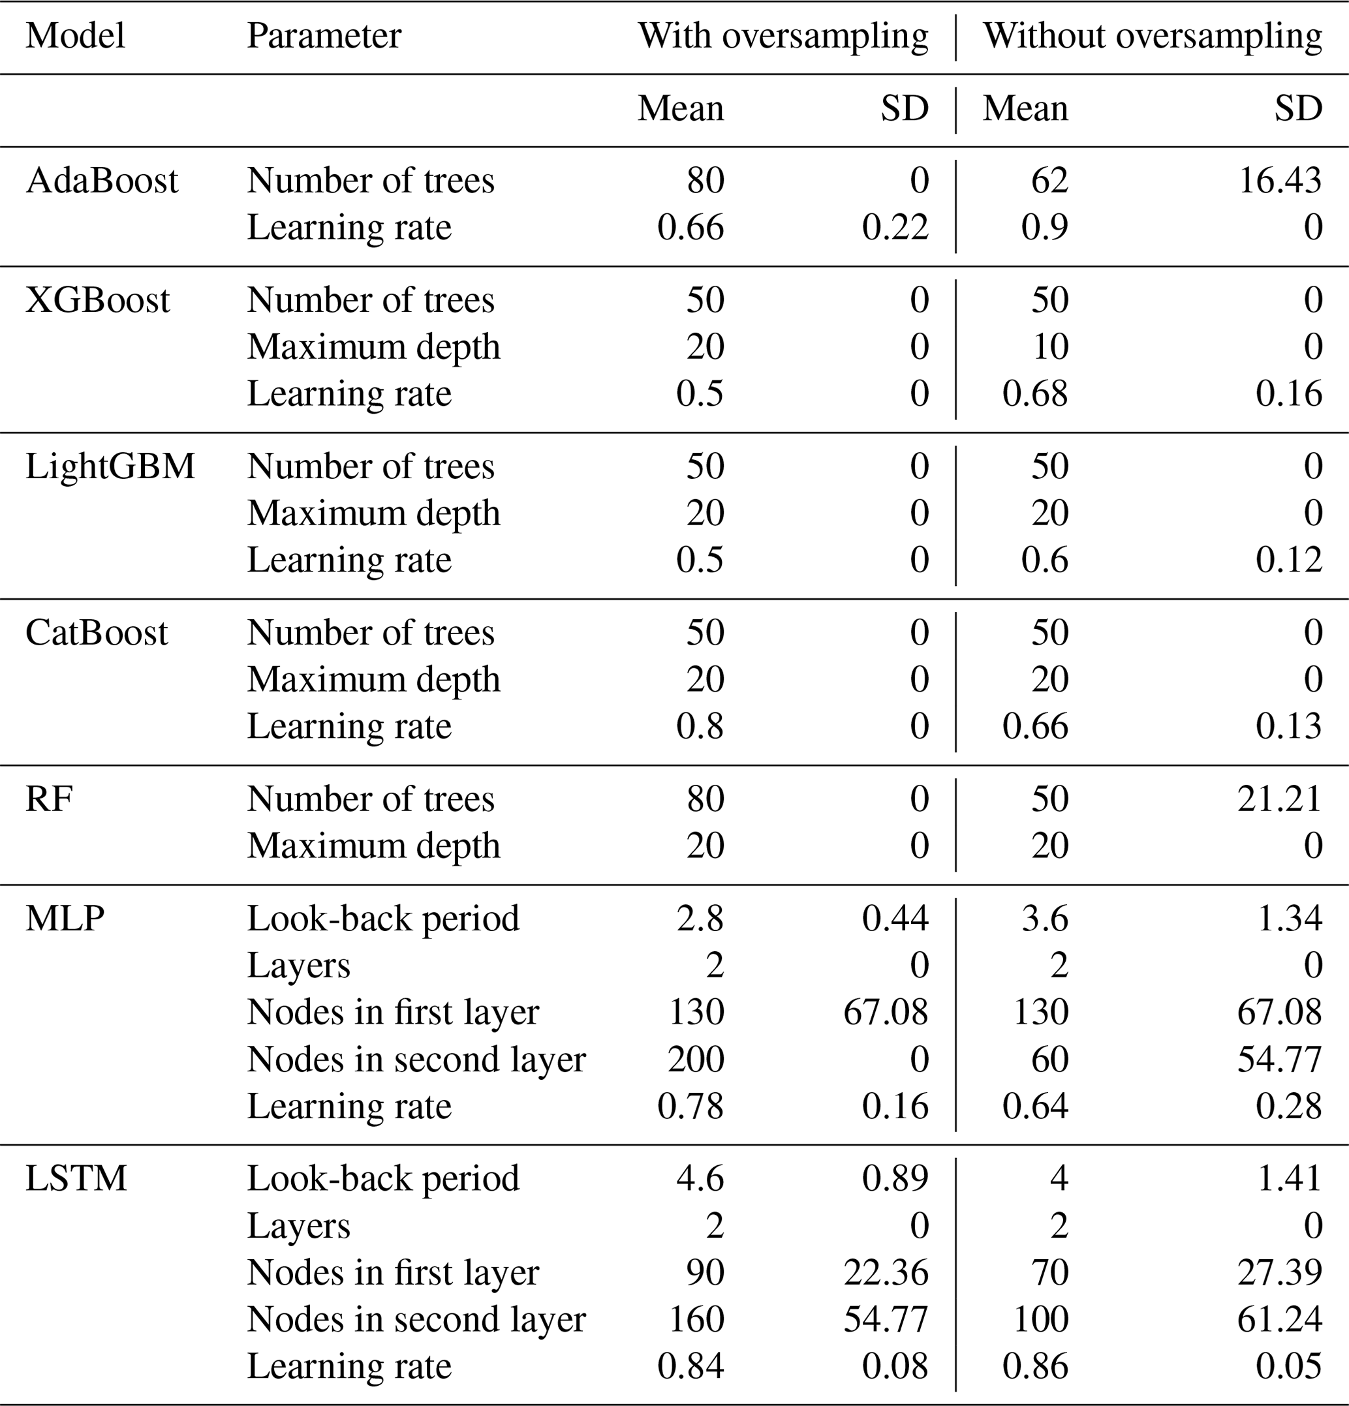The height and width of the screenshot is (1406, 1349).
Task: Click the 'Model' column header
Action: (75, 36)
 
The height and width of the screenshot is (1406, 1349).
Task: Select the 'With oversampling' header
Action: (783, 36)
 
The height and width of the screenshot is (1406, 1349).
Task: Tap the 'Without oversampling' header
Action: (1152, 36)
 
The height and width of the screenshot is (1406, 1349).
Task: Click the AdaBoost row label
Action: (101, 180)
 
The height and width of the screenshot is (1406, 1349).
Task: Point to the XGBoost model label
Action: (98, 300)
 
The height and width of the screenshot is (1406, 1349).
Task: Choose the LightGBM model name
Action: (110, 466)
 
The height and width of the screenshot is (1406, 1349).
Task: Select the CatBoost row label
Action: (96, 633)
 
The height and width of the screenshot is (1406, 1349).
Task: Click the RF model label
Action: (49, 799)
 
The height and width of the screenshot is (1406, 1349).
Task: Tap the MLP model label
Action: (65, 918)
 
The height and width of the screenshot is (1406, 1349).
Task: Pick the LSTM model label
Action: (76, 1178)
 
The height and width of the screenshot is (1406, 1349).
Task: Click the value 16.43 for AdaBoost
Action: (1279, 180)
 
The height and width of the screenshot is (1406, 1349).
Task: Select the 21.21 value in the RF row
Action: (1279, 799)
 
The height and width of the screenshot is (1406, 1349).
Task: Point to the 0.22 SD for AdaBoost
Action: (895, 228)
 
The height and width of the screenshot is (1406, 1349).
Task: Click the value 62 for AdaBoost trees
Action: (1050, 180)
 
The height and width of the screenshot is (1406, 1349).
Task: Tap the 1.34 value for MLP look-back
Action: (1290, 918)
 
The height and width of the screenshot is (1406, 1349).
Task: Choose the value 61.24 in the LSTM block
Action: (1279, 1319)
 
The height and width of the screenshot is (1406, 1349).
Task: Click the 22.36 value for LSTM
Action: (886, 1272)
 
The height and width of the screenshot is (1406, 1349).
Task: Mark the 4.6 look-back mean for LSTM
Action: (700, 1178)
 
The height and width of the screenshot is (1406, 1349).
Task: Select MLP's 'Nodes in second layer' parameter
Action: (416, 1060)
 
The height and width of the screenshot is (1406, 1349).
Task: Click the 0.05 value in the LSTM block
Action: (1289, 1366)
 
